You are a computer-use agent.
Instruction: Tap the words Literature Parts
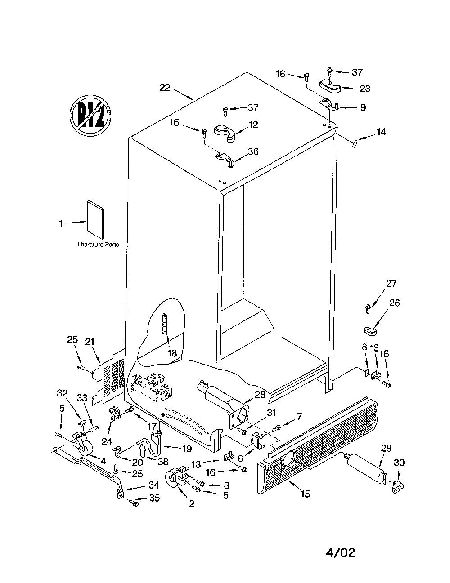tap(98, 245)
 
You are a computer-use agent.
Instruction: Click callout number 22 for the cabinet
tap(165, 88)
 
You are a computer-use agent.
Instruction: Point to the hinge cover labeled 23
tap(329, 87)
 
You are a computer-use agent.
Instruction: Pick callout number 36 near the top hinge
tap(253, 151)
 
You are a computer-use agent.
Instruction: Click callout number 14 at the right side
tap(381, 132)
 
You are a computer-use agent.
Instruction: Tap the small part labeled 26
tap(370, 331)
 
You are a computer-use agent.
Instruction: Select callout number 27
tap(391, 283)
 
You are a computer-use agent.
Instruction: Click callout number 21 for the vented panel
tap(90, 342)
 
